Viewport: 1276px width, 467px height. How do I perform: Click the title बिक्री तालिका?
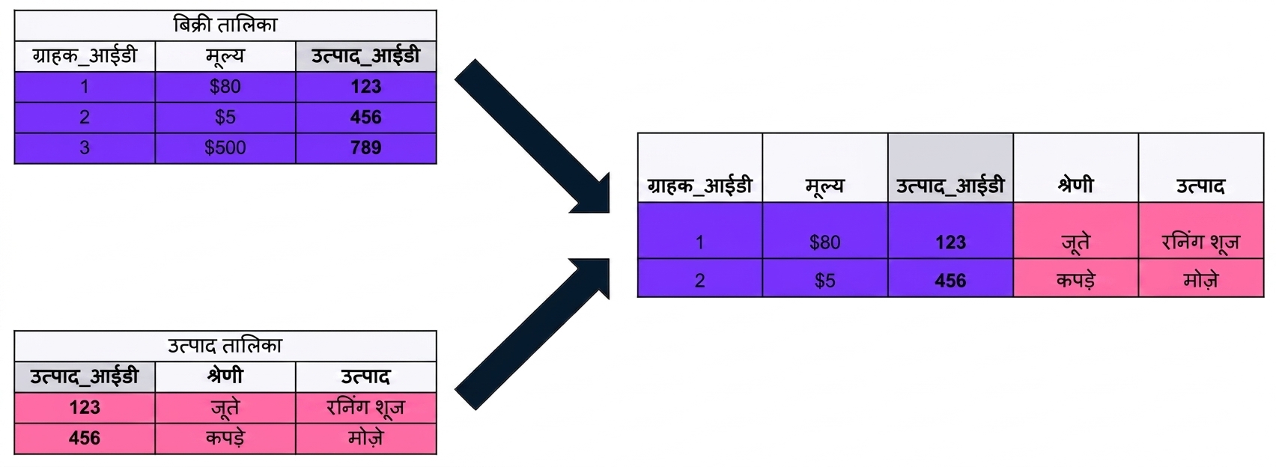tap(225, 25)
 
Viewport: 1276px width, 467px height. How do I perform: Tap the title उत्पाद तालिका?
tap(225, 346)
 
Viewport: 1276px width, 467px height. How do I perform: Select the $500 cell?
tap(225, 148)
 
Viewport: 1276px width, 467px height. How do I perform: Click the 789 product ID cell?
tap(366, 148)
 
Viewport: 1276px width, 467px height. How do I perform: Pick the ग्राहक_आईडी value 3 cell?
tap(85, 148)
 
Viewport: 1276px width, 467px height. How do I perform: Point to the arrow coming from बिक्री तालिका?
tap(532, 137)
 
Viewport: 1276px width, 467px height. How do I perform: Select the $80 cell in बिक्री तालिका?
tap(225, 87)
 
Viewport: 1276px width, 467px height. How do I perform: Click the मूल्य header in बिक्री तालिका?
tap(225, 56)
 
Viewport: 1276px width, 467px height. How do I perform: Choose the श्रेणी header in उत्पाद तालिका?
tap(225, 376)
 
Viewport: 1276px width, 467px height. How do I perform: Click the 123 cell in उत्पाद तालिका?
tap(85, 408)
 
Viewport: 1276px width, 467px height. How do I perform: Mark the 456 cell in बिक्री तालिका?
tap(366, 117)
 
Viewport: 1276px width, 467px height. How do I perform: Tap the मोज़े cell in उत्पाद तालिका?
tap(366, 439)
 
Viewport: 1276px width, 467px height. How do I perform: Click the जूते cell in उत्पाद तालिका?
tap(225, 408)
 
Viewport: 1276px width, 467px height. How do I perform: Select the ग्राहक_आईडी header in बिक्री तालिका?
tap(85, 56)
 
